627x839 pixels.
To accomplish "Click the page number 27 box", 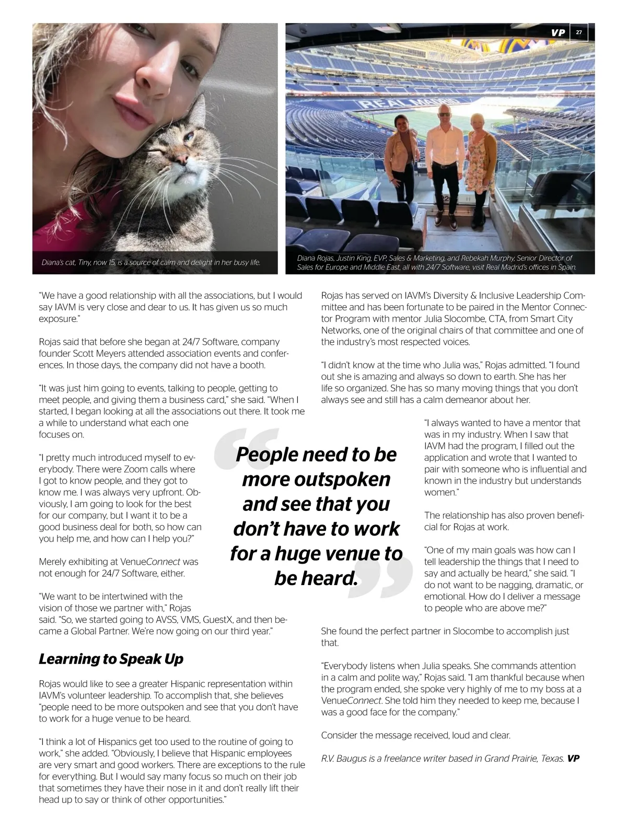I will click(x=579, y=32).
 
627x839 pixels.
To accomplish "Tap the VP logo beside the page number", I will click(x=558, y=32).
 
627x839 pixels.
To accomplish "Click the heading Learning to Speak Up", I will click(x=111, y=659).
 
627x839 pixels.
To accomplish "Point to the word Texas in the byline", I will click(x=552, y=759).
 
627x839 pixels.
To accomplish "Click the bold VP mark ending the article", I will click(x=573, y=759).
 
